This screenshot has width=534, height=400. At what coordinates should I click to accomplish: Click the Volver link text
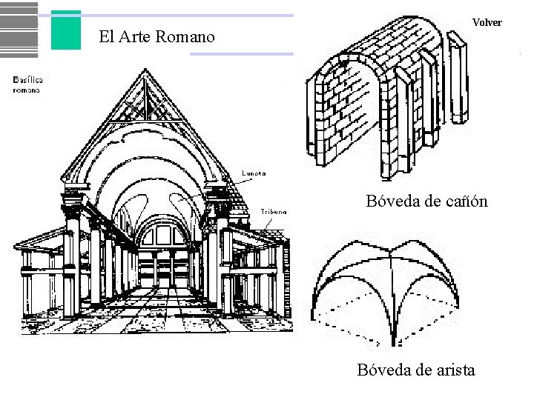pos(487,22)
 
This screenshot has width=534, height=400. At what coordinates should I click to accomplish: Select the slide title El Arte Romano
pos(157,36)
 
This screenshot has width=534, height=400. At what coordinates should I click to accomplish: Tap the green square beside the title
pos(66,30)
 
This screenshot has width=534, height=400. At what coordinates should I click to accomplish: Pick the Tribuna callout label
pos(274,211)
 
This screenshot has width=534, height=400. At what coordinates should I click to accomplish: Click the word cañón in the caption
pos(467,200)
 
